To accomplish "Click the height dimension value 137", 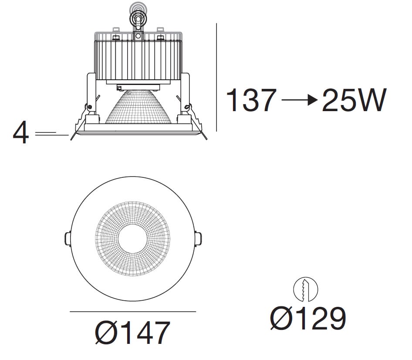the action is coord(251,100).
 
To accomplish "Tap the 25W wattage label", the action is coord(354,100).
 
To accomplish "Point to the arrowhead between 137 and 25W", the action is coord(313,100).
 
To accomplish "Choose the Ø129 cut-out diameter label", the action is coord(308,318).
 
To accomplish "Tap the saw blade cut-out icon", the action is coord(305,289).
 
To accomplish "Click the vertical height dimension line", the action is coord(216,77).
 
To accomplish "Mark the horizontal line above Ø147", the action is coord(133,312).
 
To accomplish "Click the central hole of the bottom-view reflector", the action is coord(133,238).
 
